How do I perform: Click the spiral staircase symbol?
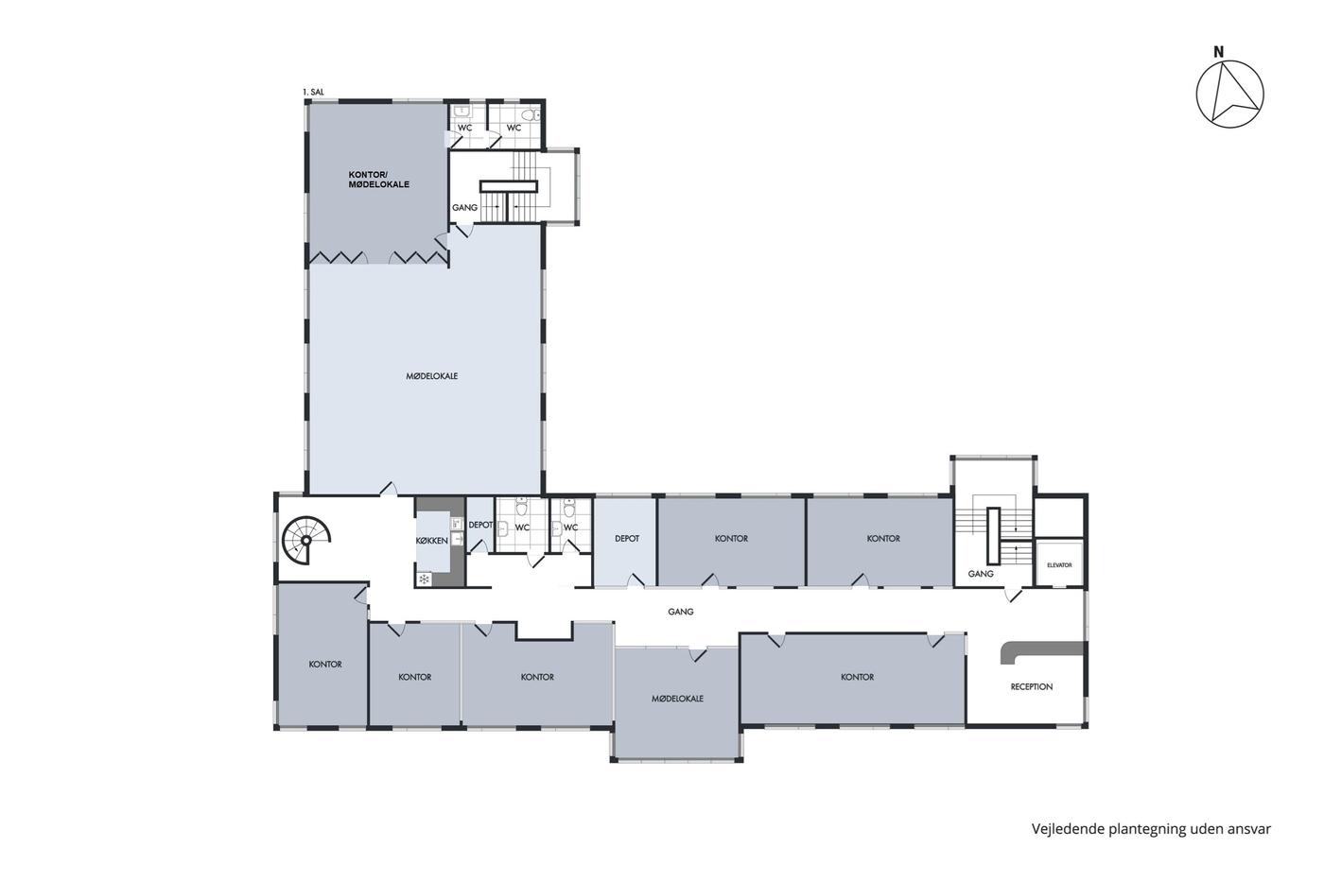point(306,540)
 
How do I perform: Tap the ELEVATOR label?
point(1059,565)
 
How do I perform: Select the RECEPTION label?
point(1032,686)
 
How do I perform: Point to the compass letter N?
point(1218,52)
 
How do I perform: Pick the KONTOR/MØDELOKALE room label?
point(379,180)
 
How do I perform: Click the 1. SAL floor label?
point(313,92)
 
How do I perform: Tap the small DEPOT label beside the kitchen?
point(480,525)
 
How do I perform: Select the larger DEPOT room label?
point(626,538)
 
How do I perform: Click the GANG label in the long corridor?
point(680,612)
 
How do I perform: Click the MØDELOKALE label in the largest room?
point(431,375)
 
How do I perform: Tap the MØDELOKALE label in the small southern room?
point(677,699)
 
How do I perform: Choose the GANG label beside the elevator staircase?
point(981,574)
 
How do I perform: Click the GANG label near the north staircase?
point(464,207)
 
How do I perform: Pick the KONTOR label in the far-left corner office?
point(325,664)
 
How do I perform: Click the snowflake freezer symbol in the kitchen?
point(424,579)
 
